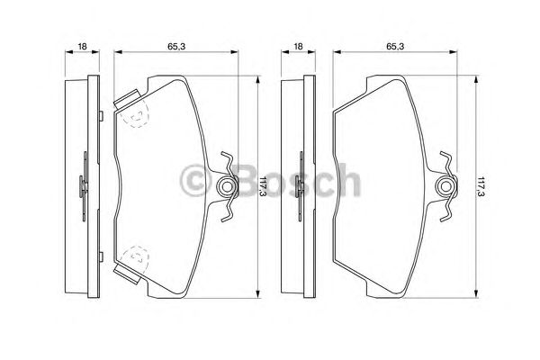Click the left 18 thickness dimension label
click(x=82, y=46)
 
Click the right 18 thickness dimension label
click(x=298, y=46)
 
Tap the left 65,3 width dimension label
click(x=176, y=46)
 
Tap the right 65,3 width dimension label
click(x=395, y=46)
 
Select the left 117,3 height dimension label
click(x=263, y=186)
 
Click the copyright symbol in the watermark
click(x=195, y=181)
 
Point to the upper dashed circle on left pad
click(x=135, y=114)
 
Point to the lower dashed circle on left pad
click(x=135, y=259)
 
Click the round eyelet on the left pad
click(x=226, y=186)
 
